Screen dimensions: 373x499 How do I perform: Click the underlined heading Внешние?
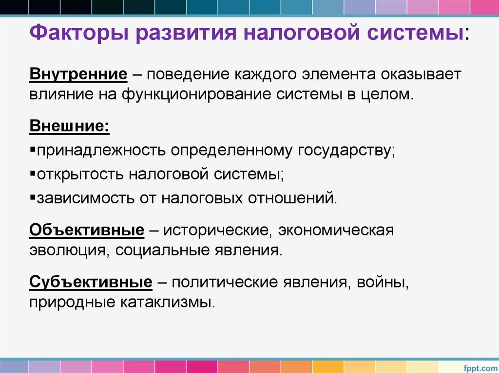pyautogui.click(x=70, y=126)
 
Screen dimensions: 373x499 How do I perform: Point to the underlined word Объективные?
pyautogui.click(x=87, y=230)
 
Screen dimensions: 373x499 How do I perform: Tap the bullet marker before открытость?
pyautogui.click(x=32, y=174)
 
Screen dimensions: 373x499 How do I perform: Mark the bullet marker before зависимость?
pyautogui.click(x=32, y=197)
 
